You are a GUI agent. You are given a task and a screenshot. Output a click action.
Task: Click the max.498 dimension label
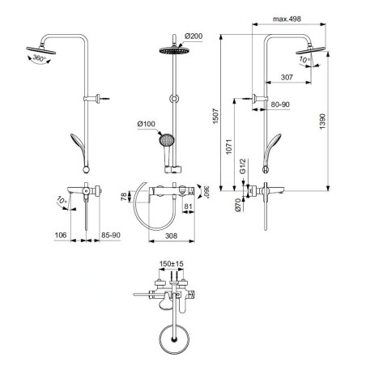[287, 19]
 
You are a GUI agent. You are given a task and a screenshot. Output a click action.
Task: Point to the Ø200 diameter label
[194, 36]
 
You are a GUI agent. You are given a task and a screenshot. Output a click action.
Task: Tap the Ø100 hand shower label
[147, 124]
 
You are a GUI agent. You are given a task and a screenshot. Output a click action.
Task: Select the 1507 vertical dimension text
[215, 116]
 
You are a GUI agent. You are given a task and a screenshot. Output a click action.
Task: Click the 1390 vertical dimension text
[322, 121]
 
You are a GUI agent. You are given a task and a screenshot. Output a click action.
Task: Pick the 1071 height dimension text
[229, 147]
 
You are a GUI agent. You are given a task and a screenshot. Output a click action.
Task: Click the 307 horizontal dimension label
[287, 77]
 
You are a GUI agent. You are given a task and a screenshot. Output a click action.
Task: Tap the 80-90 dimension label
[280, 104]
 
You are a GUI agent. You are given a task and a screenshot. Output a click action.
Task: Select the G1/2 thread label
[243, 166]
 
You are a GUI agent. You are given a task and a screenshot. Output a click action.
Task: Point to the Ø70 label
[238, 205]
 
